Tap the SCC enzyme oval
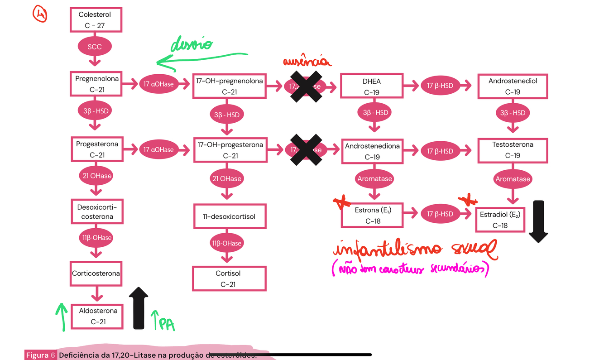tap(95, 47)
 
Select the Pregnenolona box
tap(96, 84)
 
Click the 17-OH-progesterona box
tap(230, 150)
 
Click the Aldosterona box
tap(98, 316)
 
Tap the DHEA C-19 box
tap(372, 86)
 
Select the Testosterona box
tap(513, 150)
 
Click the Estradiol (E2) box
tap(499, 220)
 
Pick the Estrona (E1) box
tap(373, 215)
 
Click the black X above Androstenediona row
tap(306, 149)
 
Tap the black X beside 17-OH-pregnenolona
tap(306, 86)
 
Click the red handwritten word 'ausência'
tap(307, 62)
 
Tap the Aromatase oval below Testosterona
tap(513, 179)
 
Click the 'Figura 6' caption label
tap(40, 355)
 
